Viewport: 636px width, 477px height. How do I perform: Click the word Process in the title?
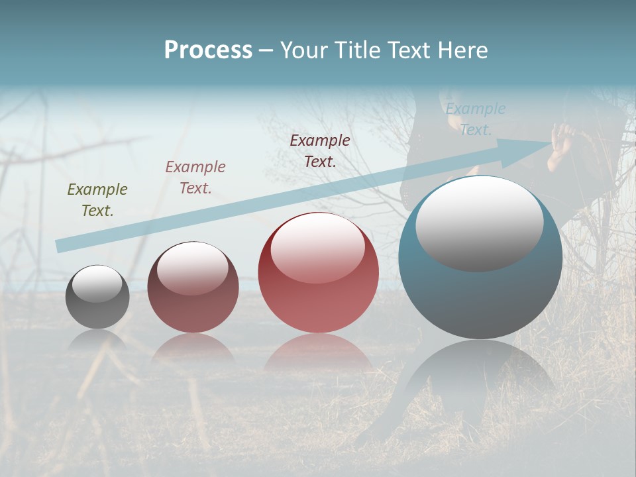pos(208,50)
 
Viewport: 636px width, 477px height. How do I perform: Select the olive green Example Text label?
pos(97,200)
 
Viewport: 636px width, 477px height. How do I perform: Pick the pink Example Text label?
pos(195,178)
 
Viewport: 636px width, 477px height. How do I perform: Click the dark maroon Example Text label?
pos(320,150)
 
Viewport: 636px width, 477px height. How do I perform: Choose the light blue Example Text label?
pos(476,119)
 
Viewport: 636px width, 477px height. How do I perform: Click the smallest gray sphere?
pos(97,308)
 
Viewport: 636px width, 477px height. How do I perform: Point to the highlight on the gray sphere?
pos(97,284)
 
